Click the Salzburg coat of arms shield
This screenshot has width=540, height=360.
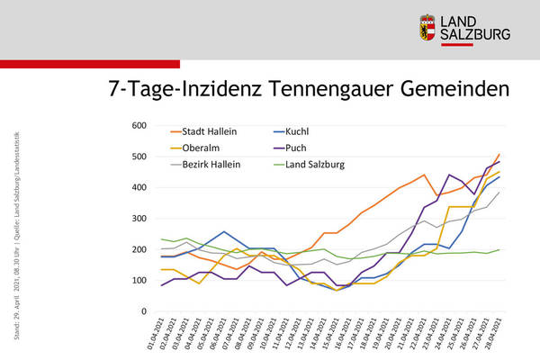coord(429,27)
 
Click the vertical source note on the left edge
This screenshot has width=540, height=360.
coord(17,243)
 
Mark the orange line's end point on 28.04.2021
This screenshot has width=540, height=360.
coord(499,154)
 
